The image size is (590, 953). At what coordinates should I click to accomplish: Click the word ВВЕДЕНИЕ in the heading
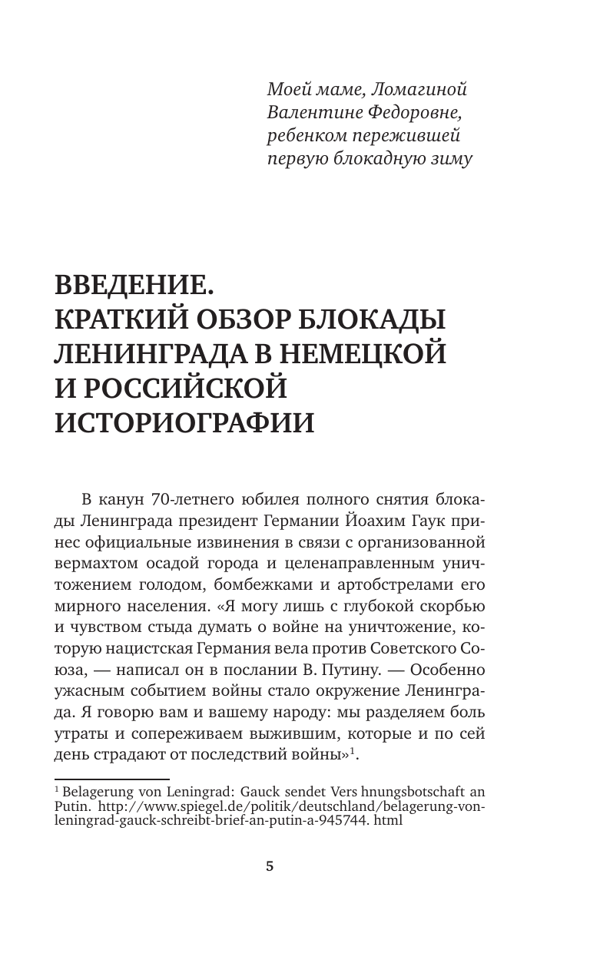[131, 288]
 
